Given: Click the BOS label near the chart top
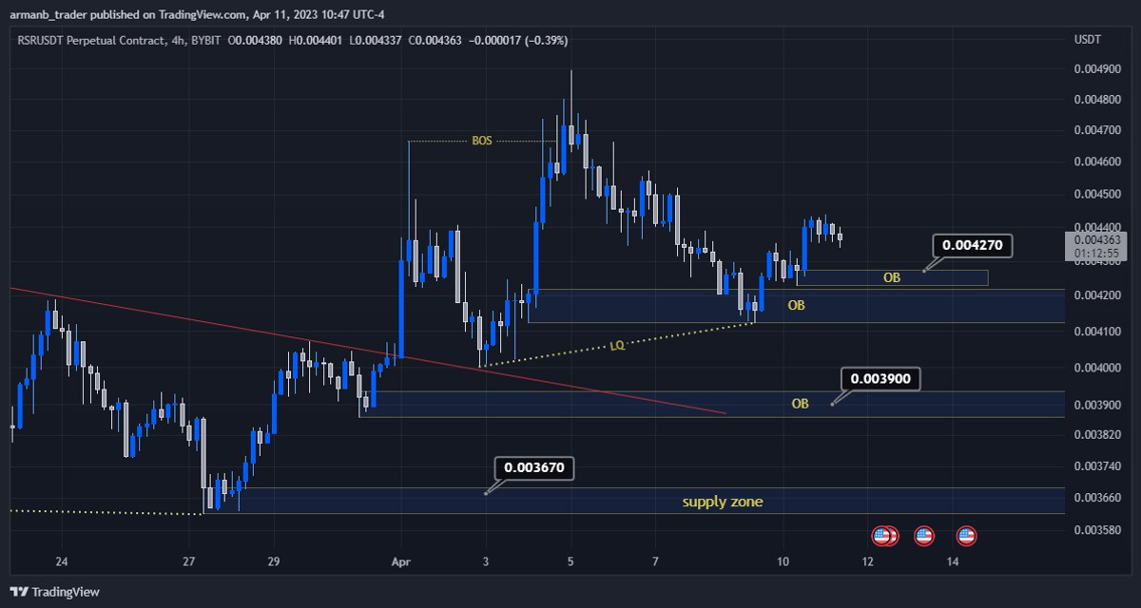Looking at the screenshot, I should pyautogui.click(x=482, y=141).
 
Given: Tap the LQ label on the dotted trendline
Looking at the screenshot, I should pyautogui.click(x=617, y=346).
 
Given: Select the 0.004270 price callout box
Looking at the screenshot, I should pyautogui.click(x=971, y=246).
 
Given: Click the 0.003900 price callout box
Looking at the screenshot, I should pyautogui.click(x=880, y=378).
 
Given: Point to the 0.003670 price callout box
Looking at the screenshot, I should pyautogui.click(x=534, y=467).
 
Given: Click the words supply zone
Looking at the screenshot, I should pyautogui.click(x=722, y=501).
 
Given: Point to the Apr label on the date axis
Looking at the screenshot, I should pyautogui.click(x=400, y=561).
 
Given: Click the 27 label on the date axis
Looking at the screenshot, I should pyautogui.click(x=189, y=561).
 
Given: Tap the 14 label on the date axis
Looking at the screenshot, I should pyautogui.click(x=953, y=561).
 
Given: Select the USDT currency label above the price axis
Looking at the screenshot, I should pyautogui.click(x=1087, y=39).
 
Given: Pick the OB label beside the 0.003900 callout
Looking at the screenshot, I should pyautogui.click(x=801, y=404).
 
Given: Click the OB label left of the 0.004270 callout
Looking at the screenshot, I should pyautogui.click(x=891, y=277).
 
